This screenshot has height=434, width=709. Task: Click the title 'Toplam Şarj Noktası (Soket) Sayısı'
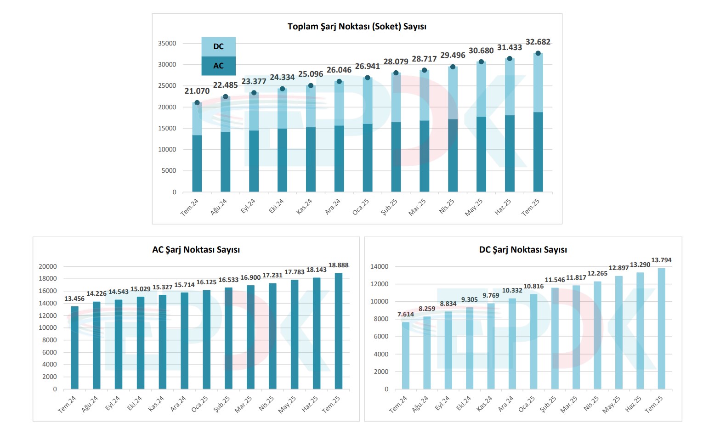pos(357,27)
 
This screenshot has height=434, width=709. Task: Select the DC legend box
pos(218,46)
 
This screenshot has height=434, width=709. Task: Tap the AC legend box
pos(218,66)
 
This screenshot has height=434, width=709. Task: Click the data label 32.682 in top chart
pos(538,42)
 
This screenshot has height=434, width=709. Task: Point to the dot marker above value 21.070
pos(197,102)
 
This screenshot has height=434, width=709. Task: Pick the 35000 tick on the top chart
pos(167,43)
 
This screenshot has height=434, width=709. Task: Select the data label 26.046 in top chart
pos(339,70)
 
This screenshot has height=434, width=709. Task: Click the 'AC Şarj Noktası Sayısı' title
pos(196,250)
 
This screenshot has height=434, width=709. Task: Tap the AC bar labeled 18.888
pos(339,331)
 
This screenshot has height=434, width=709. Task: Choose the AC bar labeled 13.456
pos(74,348)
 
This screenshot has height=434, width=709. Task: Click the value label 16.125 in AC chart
pos(206,282)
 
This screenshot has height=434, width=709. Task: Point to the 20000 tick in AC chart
pos(48,266)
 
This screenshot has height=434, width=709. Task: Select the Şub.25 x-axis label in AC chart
pos(224,404)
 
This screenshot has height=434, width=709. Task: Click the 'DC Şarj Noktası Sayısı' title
pos(523,250)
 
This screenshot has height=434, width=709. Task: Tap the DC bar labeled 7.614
pos(405,355)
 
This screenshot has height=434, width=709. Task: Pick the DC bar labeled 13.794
pos(661,328)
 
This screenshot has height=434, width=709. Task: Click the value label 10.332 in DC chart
pos(512,290)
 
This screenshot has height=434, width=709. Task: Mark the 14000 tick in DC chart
pos(379,266)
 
